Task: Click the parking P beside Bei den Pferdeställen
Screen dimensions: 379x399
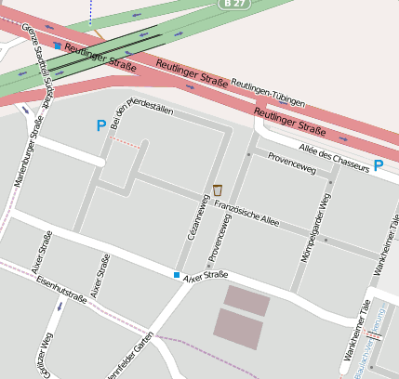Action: pos(100,125)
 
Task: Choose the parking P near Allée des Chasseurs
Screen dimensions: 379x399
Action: pos(379,165)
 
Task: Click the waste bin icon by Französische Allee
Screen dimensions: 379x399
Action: pos(218,189)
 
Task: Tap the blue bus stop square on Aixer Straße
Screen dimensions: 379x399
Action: pos(177,275)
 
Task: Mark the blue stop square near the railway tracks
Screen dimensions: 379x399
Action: pos(58,46)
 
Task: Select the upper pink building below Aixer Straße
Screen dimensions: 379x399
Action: pos(246,300)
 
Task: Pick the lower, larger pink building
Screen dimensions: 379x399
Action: pos(237,329)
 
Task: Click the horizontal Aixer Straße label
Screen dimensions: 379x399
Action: pos(206,277)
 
